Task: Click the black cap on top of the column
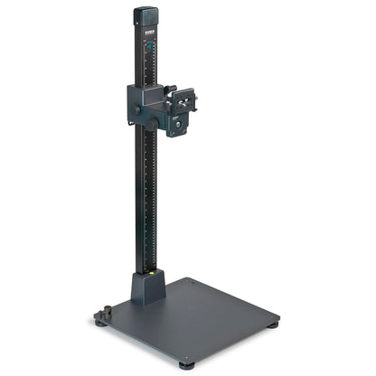point(146,15)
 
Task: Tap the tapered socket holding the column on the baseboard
point(147,287)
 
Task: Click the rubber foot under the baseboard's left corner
point(99,321)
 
